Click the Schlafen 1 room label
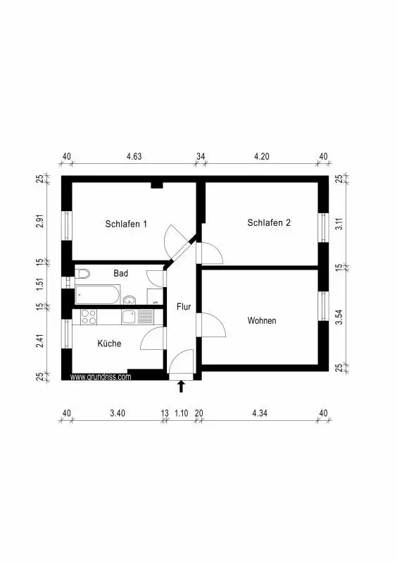click(126, 224)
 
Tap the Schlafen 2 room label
click(269, 222)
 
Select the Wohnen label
click(262, 321)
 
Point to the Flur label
click(184, 307)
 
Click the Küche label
click(109, 343)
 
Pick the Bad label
click(120, 273)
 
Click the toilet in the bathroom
click(82, 274)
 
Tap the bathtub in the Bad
click(97, 295)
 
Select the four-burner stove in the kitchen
click(89, 317)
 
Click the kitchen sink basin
click(129, 317)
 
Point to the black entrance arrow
click(181, 386)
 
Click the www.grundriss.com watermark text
click(101, 377)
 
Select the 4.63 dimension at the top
click(134, 156)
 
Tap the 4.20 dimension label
click(262, 156)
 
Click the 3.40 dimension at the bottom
click(118, 413)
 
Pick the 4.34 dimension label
click(260, 413)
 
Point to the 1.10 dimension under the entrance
click(182, 413)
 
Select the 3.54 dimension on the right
click(339, 317)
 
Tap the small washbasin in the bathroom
click(129, 300)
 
